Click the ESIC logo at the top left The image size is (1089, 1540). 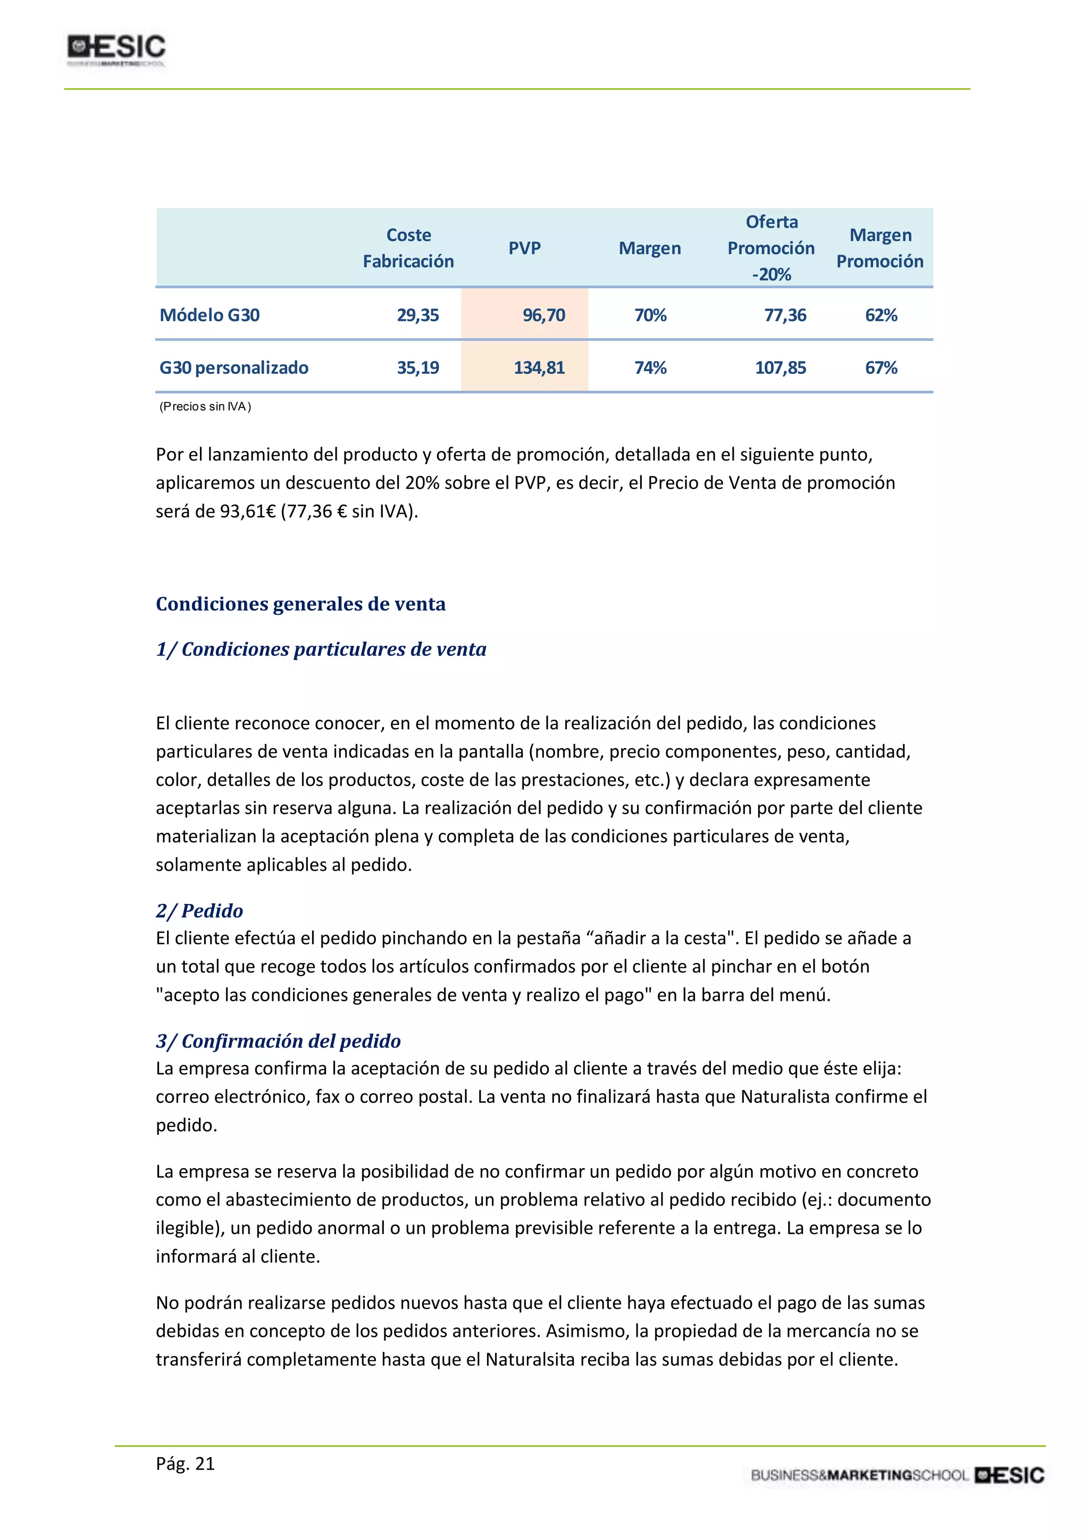[x=116, y=49]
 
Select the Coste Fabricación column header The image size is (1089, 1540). [x=408, y=248]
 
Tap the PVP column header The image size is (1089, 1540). [x=524, y=248]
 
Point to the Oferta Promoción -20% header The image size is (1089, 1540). [x=771, y=248]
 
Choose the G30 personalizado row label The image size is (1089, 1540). [x=233, y=367]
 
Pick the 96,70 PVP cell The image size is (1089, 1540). [x=544, y=315]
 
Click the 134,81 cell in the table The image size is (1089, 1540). [x=539, y=367]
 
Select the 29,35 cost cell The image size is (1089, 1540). [x=418, y=315]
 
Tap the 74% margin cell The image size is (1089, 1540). [x=650, y=367]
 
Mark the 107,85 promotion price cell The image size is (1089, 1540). [x=781, y=367]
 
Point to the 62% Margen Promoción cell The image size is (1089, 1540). [x=881, y=315]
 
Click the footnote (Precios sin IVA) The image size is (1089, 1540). [x=205, y=406]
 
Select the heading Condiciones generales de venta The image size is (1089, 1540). [x=300, y=604]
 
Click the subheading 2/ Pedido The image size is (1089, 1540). [x=199, y=911]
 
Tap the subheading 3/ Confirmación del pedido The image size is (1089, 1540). [x=278, y=1041]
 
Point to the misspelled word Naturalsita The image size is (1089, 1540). [x=530, y=1360]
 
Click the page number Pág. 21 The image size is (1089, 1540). [x=185, y=1463]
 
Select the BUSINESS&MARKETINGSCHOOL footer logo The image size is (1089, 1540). [x=897, y=1475]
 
